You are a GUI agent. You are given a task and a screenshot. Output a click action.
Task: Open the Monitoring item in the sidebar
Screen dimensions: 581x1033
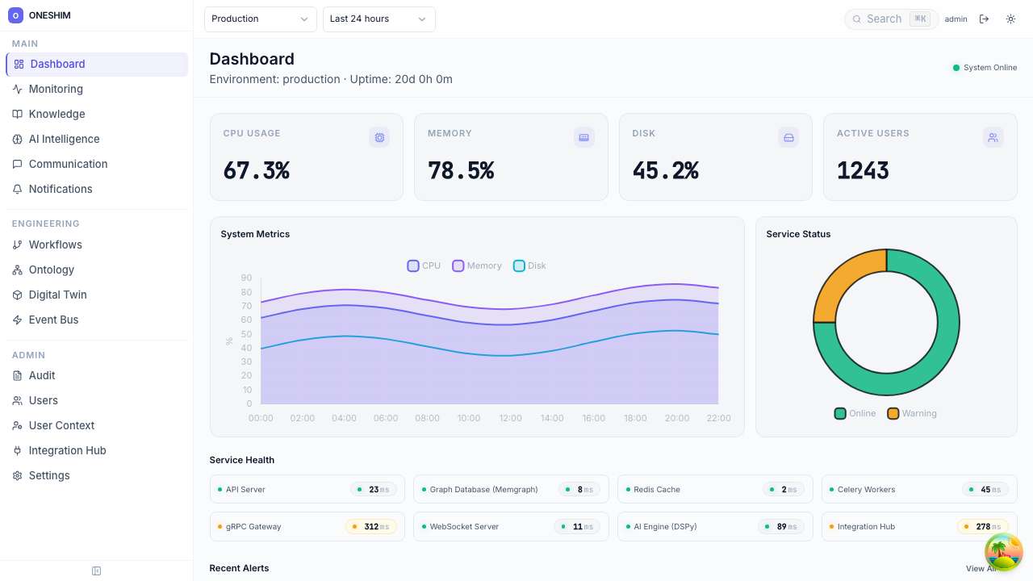(x=56, y=89)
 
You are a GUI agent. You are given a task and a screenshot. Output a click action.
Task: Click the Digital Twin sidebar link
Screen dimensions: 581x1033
(x=57, y=295)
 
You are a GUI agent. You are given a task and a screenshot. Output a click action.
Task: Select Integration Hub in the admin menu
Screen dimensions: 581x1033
(x=67, y=450)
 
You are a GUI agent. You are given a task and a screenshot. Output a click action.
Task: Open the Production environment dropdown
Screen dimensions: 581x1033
(x=260, y=19)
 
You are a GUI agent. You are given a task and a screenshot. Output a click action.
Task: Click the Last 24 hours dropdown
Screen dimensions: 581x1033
(x=378, y=19)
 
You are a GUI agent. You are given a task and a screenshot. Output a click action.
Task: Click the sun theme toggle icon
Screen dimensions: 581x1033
(x=1010, y=19)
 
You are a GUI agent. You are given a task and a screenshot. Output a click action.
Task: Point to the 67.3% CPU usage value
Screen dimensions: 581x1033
(x=256, y=170)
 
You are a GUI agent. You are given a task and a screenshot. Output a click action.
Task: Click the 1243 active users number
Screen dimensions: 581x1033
(x=863, y=170)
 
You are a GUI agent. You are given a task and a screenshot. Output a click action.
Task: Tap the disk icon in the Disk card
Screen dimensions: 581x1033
(x=788, y=137)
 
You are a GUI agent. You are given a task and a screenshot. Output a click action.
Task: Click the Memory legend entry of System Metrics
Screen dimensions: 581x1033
(x=477, y=265)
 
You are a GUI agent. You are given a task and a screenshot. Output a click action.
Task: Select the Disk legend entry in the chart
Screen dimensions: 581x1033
(x=529, y=265)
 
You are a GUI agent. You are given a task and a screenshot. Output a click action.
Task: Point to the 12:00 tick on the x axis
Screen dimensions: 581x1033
(x=510, y=418)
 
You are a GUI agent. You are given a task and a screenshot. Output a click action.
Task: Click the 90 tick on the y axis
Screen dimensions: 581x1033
(x=246, y=278)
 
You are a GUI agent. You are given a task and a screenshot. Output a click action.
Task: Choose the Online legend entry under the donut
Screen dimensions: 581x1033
(x=855, y=413)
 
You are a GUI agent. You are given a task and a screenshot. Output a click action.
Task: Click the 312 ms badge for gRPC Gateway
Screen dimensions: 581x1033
(x=371, y=526)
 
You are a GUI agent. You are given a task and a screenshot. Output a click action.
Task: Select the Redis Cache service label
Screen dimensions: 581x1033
(x=656, y=489)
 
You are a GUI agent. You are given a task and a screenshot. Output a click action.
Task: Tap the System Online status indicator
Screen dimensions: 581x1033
(x=984, y=68)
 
